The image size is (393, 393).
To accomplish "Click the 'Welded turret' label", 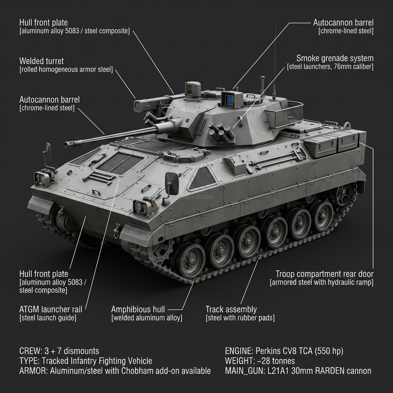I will (x=41, y=61).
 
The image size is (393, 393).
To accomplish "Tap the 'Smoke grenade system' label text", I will (x=335, y=58).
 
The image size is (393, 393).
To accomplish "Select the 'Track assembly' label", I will (x=231, y=309).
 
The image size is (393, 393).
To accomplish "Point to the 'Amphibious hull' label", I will (x=138, y=309).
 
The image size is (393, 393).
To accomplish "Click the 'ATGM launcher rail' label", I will (x=50, y=309).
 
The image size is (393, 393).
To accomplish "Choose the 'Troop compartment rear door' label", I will (x=324, y=274).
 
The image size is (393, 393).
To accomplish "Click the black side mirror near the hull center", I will (x=171, y=183).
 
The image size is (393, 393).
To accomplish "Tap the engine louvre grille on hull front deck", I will (x=120, y=162).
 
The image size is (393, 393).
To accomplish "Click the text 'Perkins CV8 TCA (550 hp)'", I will (x=300, y=351).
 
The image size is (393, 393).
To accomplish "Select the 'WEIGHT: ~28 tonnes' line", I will (x=260, y=361).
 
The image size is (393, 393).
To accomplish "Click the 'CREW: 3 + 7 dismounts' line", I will (x=59, y=351).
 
